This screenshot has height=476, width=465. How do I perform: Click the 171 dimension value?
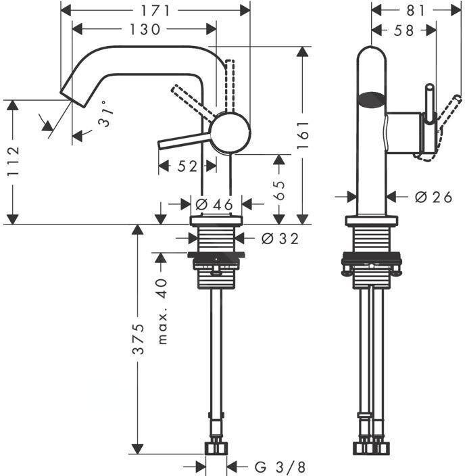point(160,10)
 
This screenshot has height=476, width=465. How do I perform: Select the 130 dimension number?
point(145,29)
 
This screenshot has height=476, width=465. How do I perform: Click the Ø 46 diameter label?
point(214,204)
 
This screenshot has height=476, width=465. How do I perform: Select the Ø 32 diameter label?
point(278,238)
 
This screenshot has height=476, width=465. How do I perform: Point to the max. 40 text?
point(161,311)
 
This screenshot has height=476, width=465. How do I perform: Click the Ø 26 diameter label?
point(432,197)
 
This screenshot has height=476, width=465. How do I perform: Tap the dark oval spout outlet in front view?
point(371,100)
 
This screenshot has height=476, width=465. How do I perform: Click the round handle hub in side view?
point(230,131)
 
